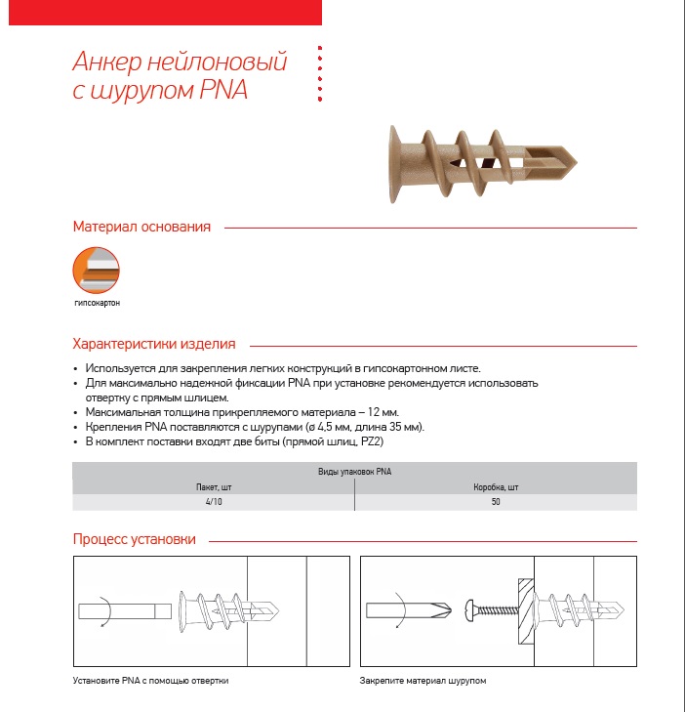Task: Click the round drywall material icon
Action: click(97, 270)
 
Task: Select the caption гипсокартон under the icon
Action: click(97, 303)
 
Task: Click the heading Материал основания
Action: click(141, 227)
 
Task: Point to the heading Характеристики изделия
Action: click(153, 344)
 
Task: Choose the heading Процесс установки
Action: click(134, 539)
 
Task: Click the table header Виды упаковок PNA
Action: click(354, 472)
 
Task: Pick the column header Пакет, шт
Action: click(213, 486)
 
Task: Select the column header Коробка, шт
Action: click(495, 486)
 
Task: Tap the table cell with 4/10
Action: click(213, 501)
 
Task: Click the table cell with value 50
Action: click(495, 501)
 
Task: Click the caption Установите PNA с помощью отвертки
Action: click(157, 680)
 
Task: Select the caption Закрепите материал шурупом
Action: click(423, 680)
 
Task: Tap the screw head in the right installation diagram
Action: click(470, 609)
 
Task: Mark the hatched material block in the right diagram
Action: click(524, 609)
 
